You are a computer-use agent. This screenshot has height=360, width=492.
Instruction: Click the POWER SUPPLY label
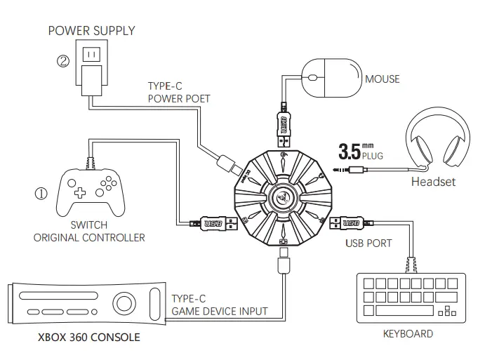(91, 30)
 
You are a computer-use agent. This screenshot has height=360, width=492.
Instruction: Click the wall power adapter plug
(91, 70)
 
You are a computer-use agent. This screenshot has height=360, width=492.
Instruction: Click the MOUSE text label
(382, 79)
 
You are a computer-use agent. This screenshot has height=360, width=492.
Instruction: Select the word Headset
(432, 182)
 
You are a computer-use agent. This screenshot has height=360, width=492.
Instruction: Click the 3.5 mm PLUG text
(362, 151)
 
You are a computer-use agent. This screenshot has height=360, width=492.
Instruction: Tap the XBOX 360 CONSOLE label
(88, 337)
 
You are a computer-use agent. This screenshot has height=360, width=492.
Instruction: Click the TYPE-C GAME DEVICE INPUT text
(219, 305)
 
